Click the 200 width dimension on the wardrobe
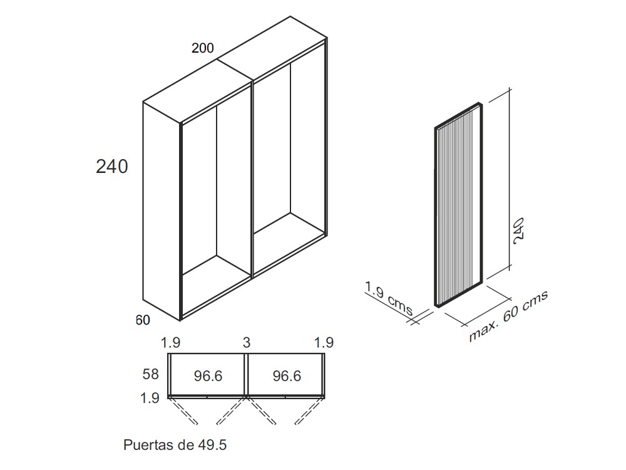203,48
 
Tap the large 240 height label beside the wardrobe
112,167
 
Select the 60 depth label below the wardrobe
143,320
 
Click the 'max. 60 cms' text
508,316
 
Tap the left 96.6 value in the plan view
208,376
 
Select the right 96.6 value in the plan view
287,376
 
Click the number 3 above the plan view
247,343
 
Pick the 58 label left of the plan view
151,375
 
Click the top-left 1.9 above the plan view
171,343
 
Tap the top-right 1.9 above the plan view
323,343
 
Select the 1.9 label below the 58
151,397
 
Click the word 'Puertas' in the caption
148,446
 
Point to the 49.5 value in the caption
212,446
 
